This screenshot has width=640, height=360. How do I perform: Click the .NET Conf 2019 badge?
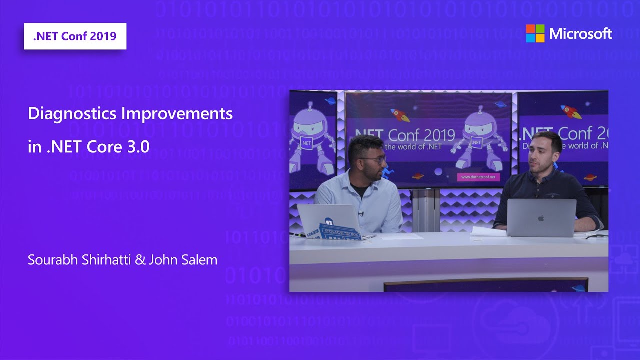click(x=75, y=36)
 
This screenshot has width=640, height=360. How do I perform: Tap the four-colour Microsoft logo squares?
click(x=535, y=33)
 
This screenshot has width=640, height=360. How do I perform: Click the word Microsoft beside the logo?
click(x=580, y=34)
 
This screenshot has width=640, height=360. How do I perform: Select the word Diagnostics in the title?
click(x=73, y=114)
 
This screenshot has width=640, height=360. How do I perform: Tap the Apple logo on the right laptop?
click(x=540, y=218)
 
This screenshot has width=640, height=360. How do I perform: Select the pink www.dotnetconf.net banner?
click(x=478, y=177)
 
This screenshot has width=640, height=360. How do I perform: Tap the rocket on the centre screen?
click(x=399, y=115)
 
